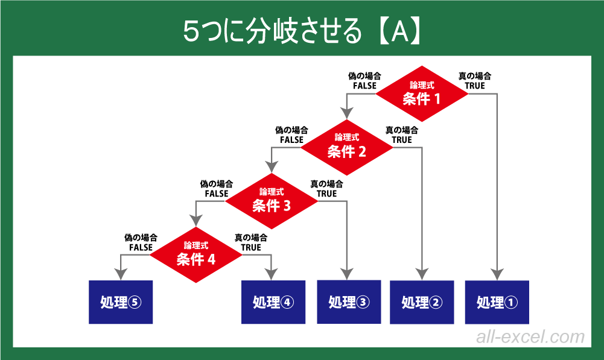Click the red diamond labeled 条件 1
click(x=422, y=93)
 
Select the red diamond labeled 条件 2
click(x=347, y=147)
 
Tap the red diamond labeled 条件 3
click(x=272, y=201)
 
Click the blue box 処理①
click(x=497, y=302)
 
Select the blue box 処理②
click(x=421, y=302)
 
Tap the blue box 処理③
click(x=348, y=302)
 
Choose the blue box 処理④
click(x=273, y=302)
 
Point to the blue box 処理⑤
click(x=120, y=302)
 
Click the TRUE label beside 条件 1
click(x=474, y=86)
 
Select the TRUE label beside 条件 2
click(x=402, y=140)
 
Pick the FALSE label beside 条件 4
click(x=141, y=247)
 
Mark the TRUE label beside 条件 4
click(x=251, y=247)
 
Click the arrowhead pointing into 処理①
click(x=497, y=274)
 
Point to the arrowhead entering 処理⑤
click(x=120, y=274)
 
